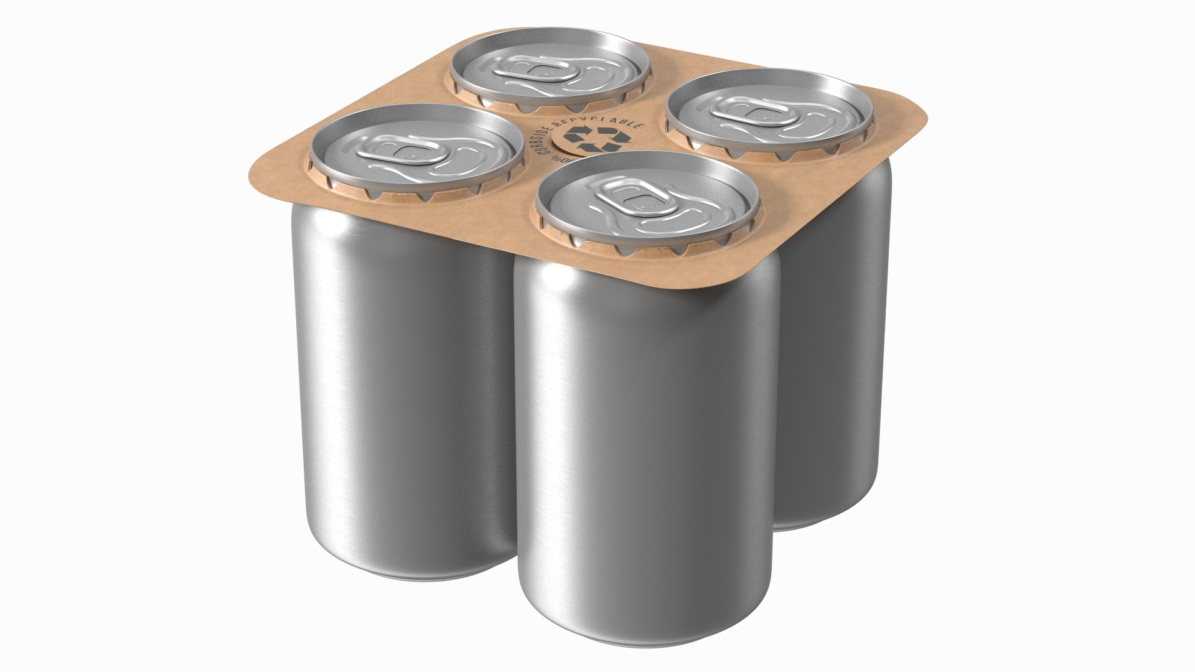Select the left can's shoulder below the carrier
(x=349, y=215)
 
